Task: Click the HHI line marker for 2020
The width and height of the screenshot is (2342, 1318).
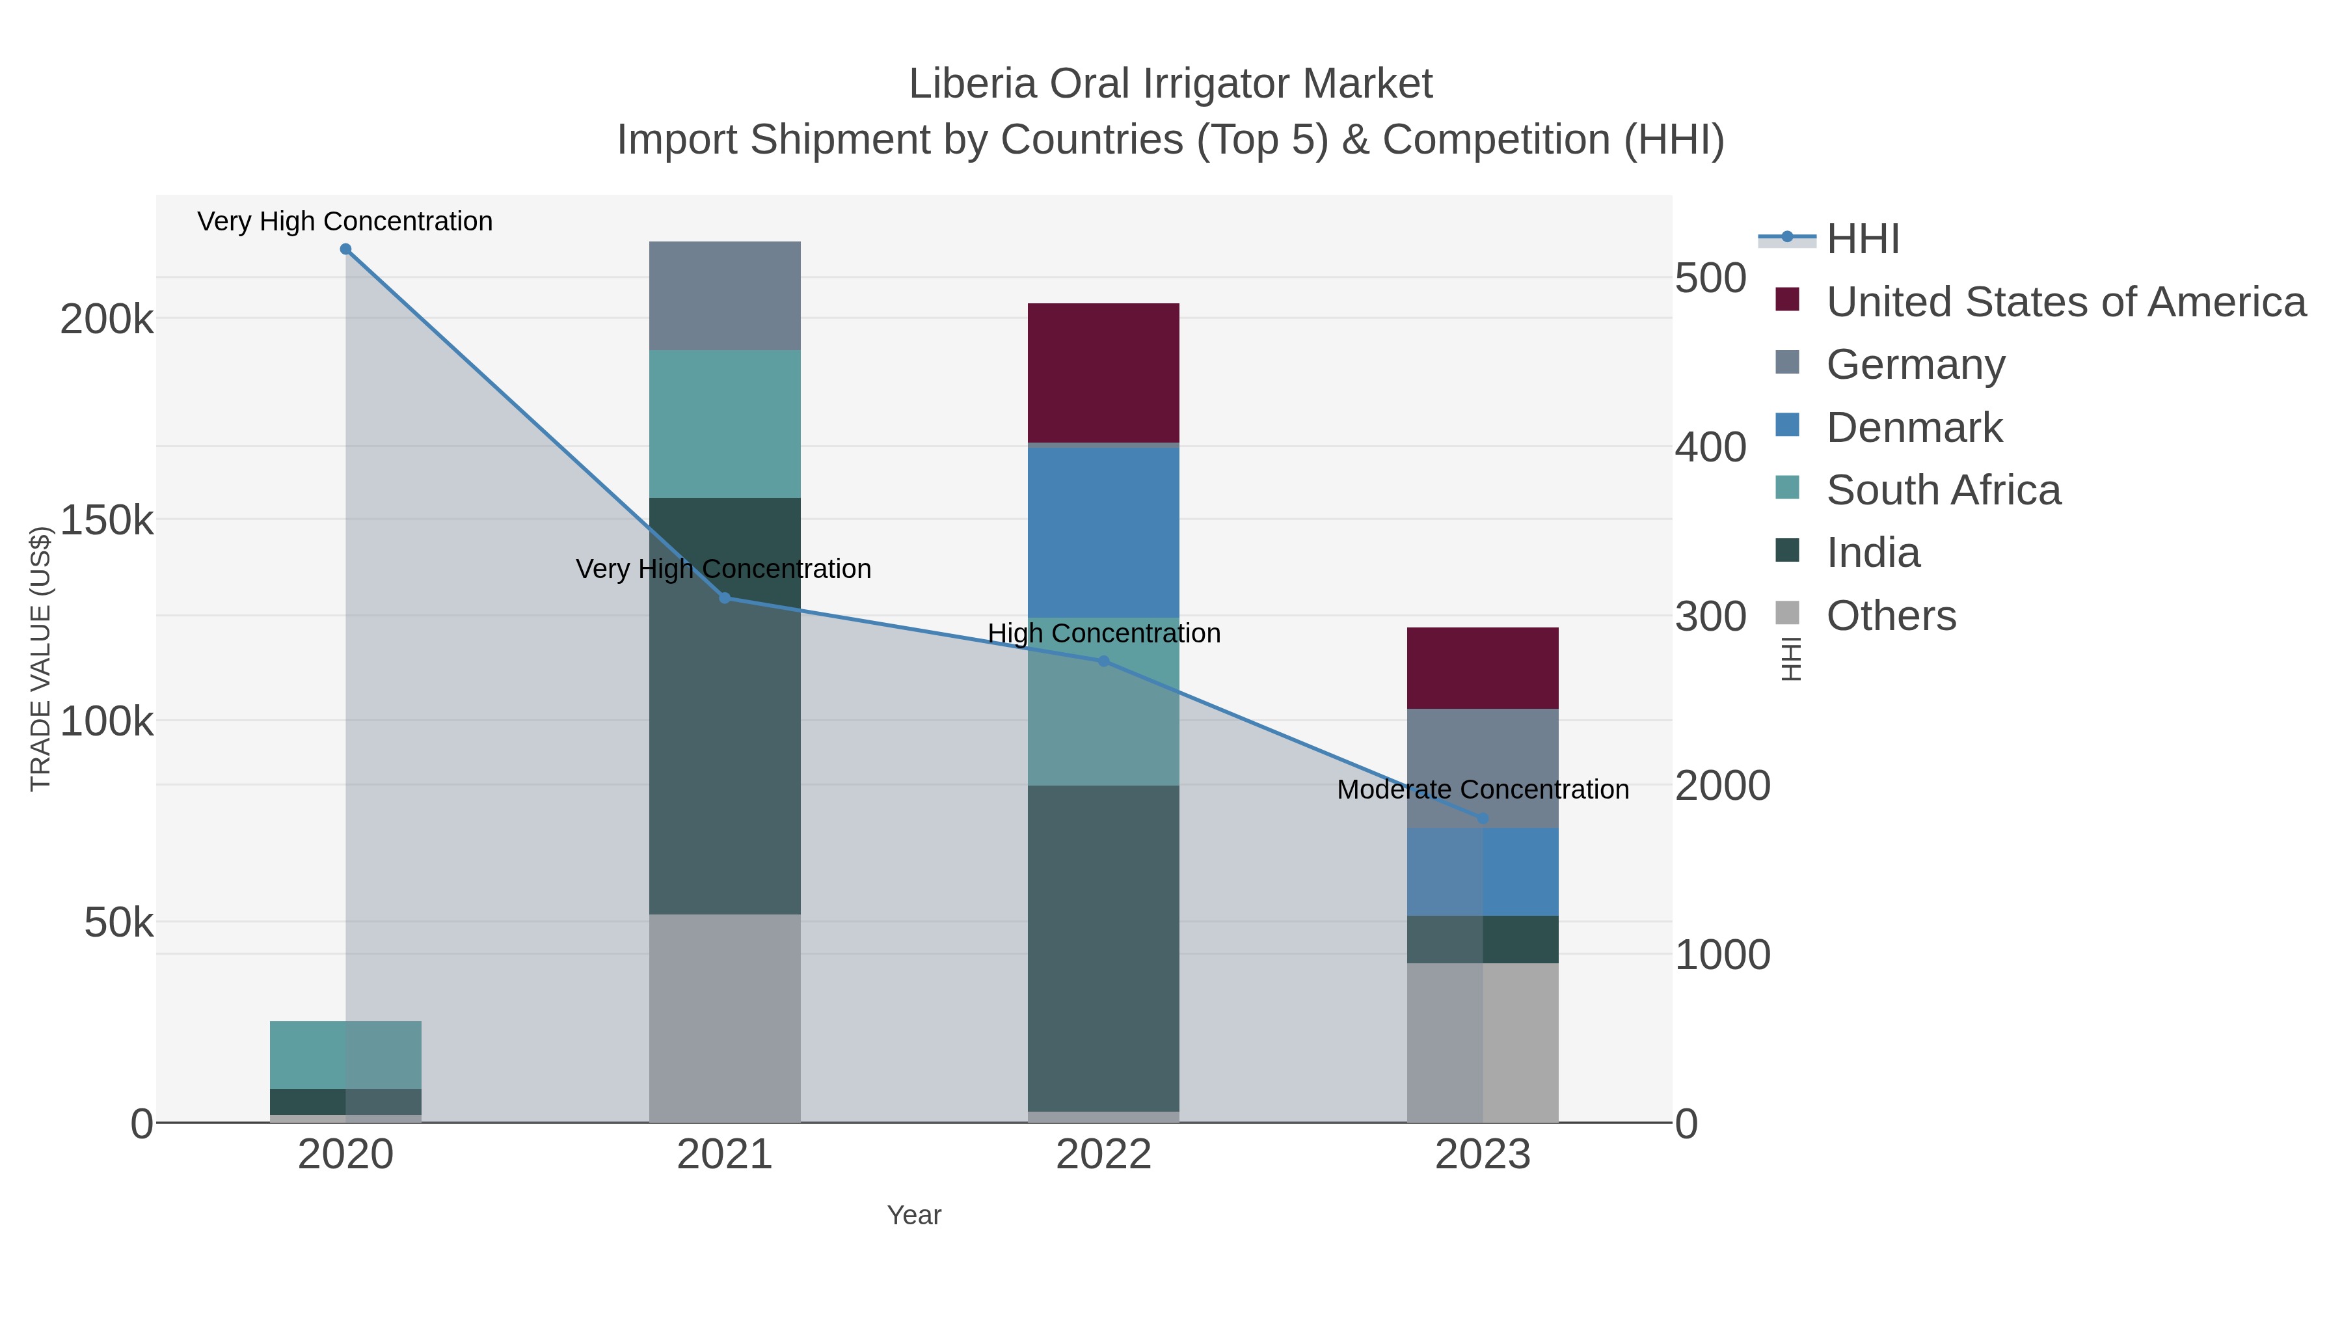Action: [x=345, y=249]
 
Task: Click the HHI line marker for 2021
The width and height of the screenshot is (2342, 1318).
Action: [x=725, y=597]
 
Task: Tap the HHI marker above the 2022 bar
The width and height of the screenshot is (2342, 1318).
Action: [x=1104, y=661]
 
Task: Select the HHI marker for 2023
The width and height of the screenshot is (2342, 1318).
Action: [x=1483, y=819]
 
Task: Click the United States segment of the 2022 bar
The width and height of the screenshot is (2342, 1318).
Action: [x=1104, y=373]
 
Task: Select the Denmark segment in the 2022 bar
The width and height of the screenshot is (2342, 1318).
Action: [x=1104, y=532]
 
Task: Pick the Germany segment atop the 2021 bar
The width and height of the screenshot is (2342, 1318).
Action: [x=725, y=295]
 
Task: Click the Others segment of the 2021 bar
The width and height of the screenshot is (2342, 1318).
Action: [x=725, y=1018]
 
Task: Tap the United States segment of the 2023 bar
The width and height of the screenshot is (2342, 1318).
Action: [x=1483, y=668]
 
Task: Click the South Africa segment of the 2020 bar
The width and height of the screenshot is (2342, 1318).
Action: [x=345, y=1054]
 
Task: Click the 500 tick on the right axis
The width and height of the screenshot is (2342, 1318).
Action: [x=1711, y=279]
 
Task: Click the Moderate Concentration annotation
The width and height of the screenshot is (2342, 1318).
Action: [x=1483, y=789]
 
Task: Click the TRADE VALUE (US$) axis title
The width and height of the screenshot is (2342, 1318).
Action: [x=41, y=659]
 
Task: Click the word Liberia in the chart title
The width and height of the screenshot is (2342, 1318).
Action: [x=972, y=85]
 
